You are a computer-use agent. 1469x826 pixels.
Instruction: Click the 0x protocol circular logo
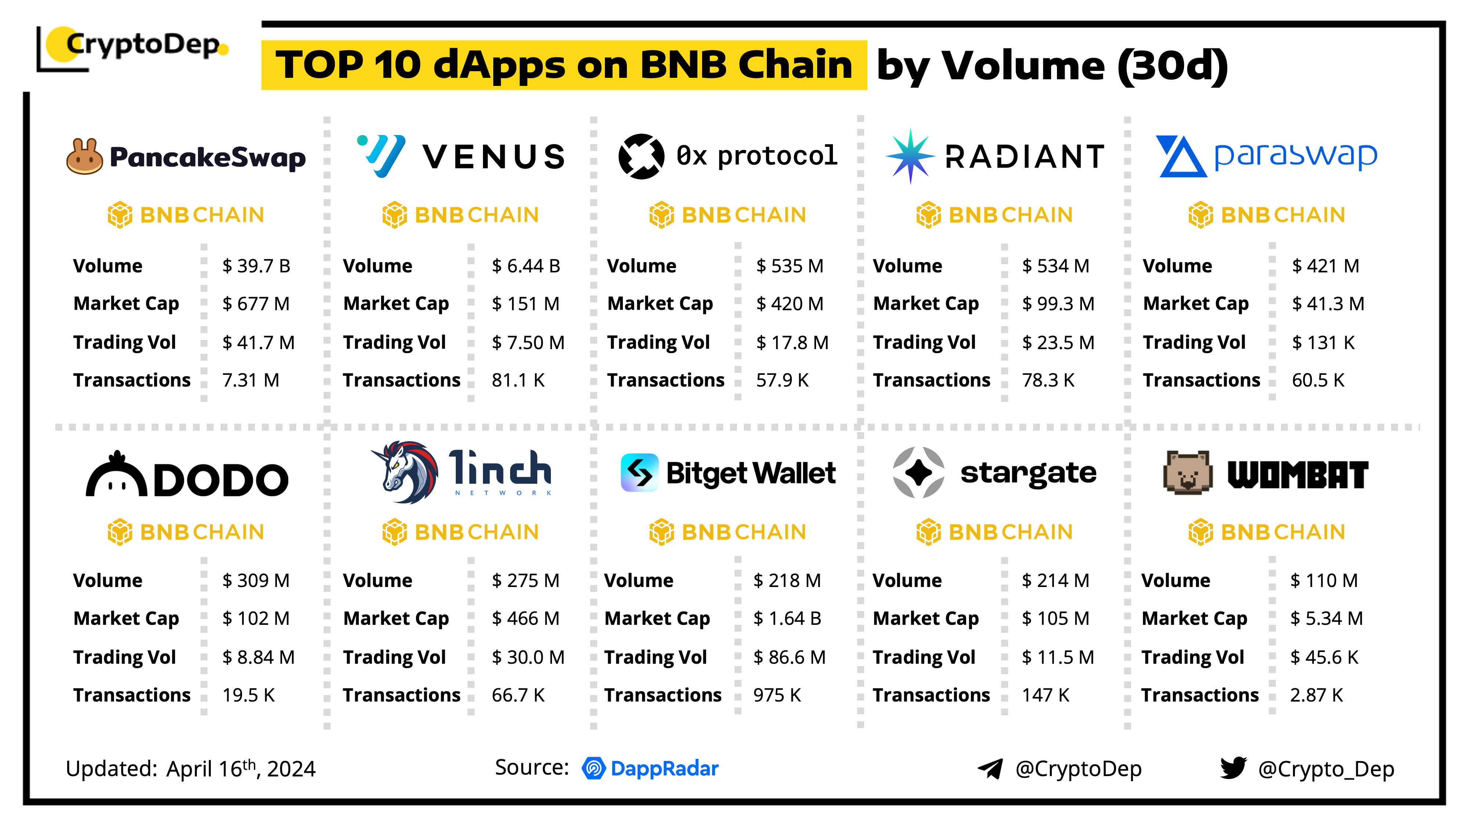(641, 156)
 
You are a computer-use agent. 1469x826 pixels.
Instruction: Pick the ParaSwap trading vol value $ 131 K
(1323, 343)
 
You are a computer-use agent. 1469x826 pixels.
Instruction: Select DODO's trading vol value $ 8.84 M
(258, 657)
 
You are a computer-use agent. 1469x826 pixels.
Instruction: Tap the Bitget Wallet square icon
(639, 472)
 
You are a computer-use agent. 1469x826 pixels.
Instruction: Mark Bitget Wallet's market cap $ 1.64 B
(787, 619)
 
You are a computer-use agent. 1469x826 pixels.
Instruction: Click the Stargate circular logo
(918, 472)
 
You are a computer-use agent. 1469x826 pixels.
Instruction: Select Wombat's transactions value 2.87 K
(1316, 695)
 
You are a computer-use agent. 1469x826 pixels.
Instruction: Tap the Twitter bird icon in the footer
(1233, 768)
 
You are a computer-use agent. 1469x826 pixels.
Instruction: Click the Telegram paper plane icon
(990, 768)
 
